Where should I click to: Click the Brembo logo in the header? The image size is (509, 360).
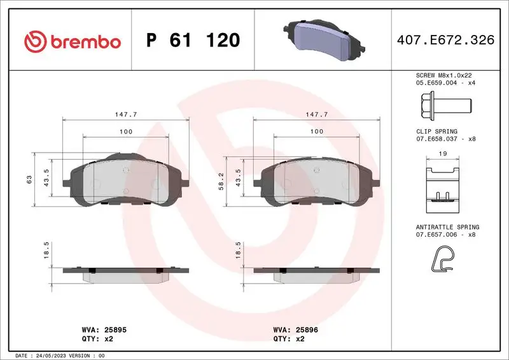pos(72,41)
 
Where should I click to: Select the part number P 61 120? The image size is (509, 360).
pos(193,41)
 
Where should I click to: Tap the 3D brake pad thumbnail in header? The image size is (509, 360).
pos(324,39)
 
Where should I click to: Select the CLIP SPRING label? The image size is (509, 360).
pos(436,131)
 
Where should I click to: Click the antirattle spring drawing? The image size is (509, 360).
pos(442,260)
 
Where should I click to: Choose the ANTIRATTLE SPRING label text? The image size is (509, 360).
pos(447,227)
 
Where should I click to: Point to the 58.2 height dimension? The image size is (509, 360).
pos(221,181)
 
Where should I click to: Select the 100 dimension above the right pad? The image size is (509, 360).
pos(316,131)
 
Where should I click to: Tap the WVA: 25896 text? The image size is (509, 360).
pos(295,330)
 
